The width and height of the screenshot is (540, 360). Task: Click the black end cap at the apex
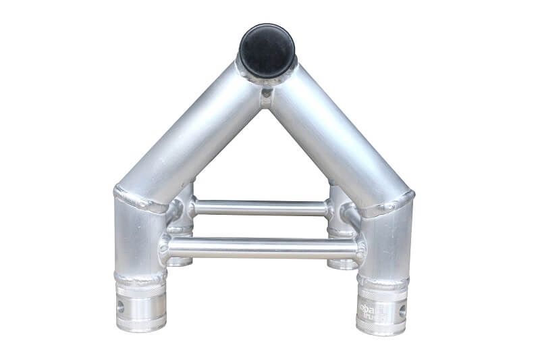pos(267,50)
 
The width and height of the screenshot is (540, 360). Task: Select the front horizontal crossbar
pos(263,248)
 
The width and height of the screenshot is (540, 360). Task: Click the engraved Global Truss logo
pos(373,310)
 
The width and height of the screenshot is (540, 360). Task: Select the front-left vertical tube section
pos(138,240)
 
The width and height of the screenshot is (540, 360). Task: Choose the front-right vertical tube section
pos(386,243)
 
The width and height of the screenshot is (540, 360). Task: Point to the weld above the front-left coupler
pos(140,278)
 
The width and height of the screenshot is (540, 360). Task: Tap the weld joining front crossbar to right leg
pos(360,251)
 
